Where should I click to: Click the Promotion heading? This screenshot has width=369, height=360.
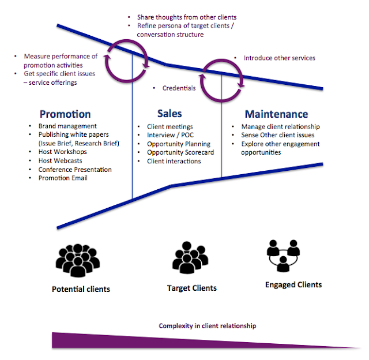pos(65,114)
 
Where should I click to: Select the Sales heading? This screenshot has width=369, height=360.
pos(170,113)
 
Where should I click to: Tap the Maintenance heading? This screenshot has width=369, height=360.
pos(276,114)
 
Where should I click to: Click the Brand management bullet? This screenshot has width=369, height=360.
pos(67,126)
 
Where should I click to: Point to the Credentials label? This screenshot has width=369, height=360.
pos(179,88)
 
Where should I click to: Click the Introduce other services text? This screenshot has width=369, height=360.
pos(279,58)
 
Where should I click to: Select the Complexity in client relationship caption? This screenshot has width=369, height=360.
pos(208,326)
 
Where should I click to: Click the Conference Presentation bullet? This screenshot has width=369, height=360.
pos(75,170)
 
